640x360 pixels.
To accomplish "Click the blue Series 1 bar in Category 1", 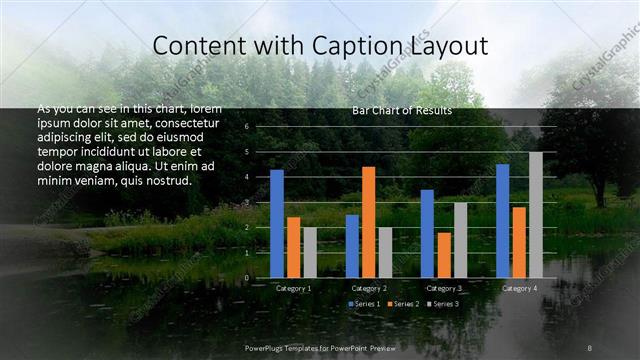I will point(277,224).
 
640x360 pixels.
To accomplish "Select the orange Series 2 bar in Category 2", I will point(368,222).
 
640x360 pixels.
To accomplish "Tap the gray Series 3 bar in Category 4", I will point(536,215).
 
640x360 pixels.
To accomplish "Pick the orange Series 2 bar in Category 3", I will point(443,255).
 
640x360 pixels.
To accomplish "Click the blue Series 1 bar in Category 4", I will point(502,221).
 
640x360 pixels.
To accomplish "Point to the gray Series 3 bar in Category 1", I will point(310,253).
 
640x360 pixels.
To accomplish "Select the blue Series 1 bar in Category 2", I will point(352,246).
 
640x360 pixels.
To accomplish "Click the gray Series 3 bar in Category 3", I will point(460,240).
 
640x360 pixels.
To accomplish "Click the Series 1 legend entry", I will point(364,303).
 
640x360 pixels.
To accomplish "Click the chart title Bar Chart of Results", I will point(401,110).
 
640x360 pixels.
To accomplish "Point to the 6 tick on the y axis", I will point(246,127).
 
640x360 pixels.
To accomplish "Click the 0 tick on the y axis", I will point(246,278).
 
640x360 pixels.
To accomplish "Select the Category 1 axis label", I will point(293,288).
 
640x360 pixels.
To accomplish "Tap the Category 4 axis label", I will point(518,288).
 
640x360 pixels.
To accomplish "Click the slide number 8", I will point(589,347).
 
